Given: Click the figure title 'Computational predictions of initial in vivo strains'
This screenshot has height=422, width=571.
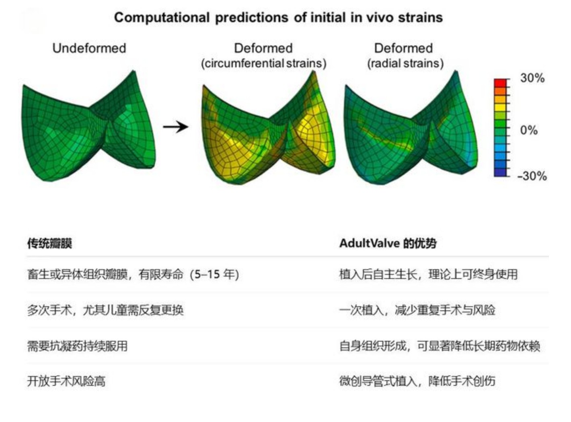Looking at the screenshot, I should point(278,18).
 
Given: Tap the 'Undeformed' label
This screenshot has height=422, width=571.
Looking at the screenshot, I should point(89,48).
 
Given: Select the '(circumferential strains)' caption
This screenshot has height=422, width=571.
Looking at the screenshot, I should point(264,64).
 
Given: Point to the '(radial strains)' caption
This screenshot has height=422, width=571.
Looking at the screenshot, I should point(405,64).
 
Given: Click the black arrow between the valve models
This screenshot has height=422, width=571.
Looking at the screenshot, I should point(176,127).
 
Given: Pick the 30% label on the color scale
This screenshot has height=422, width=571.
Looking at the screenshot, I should point(532,78).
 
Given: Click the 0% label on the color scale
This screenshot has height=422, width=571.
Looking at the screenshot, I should point(528,130).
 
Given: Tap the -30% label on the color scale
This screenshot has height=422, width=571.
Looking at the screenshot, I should point(532,176).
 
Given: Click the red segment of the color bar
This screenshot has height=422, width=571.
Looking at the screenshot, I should point(500,83).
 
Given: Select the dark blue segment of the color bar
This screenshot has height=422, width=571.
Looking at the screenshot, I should point(500,172).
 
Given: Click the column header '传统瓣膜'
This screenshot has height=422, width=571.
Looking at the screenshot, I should point(50,243).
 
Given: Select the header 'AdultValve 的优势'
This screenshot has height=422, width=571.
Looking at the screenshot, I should point(388,243).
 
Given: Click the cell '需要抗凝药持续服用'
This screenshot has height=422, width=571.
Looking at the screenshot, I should point(77,346).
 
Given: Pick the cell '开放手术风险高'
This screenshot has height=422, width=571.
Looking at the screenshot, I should point(66,381).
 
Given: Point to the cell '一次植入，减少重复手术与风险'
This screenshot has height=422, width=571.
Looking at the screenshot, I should point(417,310).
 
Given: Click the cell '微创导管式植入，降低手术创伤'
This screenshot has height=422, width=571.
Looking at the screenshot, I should point(417,381).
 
